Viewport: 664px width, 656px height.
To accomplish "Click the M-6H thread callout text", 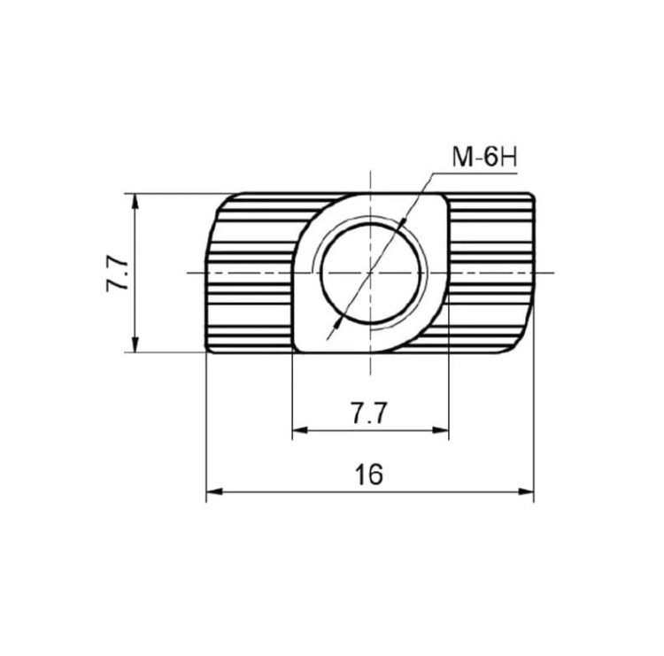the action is [484, 157].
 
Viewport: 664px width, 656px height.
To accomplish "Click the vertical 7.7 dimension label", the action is [117, 274].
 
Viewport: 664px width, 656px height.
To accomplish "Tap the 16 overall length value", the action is [369, 475].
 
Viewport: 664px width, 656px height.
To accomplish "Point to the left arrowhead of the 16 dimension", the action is [214, 492].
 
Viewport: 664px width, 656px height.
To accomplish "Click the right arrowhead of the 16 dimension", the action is [526, 492].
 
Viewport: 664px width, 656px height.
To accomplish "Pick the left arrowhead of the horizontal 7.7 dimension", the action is [300, 430].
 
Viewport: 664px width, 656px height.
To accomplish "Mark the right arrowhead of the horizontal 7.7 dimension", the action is [440, 430].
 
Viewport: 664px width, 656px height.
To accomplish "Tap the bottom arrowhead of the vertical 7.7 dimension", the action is [135, 343].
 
